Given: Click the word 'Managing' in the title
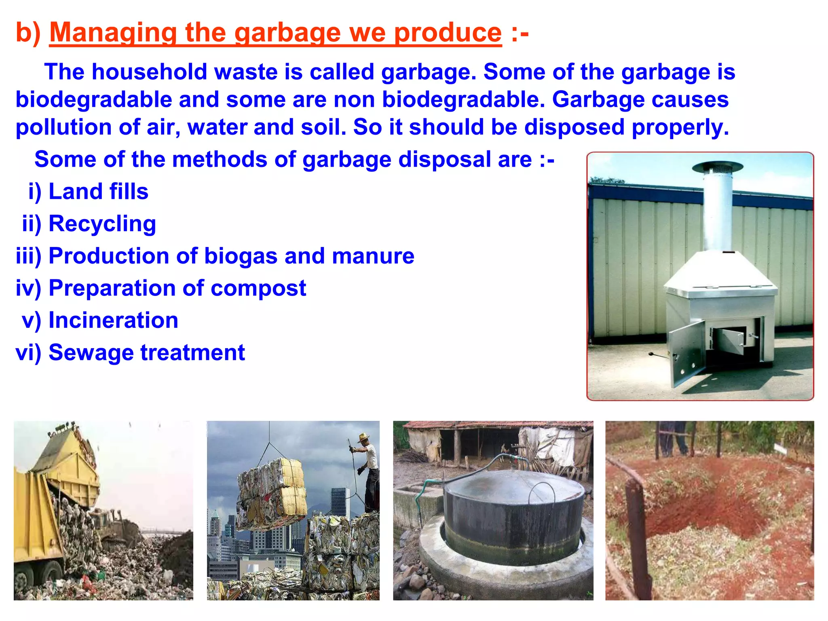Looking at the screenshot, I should [113, 33].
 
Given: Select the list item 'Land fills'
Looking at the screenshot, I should [98, 191].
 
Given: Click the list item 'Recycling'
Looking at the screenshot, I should [102, 224].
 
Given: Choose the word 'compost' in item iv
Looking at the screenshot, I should [258, 288].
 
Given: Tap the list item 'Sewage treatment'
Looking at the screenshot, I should [146, 353].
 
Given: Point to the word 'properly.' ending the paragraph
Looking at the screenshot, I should [680, 127].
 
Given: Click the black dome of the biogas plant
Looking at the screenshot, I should [513, 513].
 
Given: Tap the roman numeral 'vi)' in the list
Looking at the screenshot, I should [28, 353].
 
